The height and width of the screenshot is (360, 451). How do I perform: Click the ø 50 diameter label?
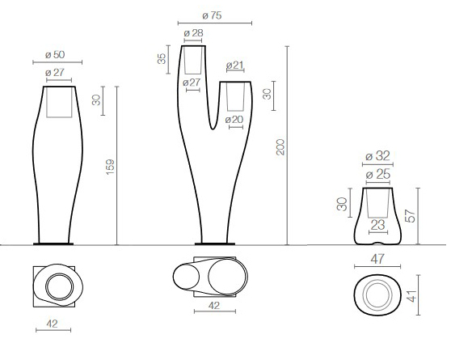[x=54, y=54]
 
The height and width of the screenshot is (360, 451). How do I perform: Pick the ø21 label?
[x=235, y=65]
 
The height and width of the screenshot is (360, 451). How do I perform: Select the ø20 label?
[x=235, y=120]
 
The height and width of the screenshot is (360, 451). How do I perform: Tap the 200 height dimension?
[x=280, y=146]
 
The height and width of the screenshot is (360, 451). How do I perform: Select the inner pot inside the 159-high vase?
[x=58, y=102]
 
